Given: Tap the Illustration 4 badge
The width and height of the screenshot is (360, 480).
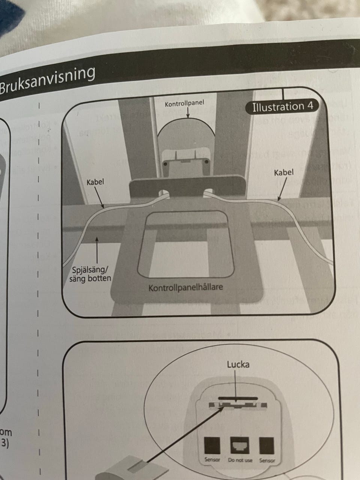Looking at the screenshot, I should coord(282,106).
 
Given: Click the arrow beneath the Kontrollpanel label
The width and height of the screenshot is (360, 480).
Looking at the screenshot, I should coord(187,112).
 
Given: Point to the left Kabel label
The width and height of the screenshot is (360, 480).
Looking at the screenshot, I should coord(95,182).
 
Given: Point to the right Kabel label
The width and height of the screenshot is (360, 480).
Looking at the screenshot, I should coord(283,172).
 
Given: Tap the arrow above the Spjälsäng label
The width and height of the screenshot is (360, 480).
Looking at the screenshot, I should coord(97,251).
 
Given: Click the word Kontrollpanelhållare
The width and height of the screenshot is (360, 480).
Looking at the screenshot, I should coord(186,288).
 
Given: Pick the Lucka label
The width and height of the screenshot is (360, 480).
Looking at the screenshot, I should coord(238,364).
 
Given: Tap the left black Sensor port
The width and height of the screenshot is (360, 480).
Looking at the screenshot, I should coord(211,446).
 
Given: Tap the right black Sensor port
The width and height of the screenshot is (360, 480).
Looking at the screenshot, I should coord(267,446).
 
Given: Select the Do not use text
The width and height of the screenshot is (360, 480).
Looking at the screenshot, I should coord(240,460).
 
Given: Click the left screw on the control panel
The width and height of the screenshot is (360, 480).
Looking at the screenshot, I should coord(164,164).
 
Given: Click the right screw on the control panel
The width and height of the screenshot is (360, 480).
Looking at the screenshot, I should coord(206,161).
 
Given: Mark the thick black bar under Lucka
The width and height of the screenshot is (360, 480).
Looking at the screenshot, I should coord(238,397).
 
